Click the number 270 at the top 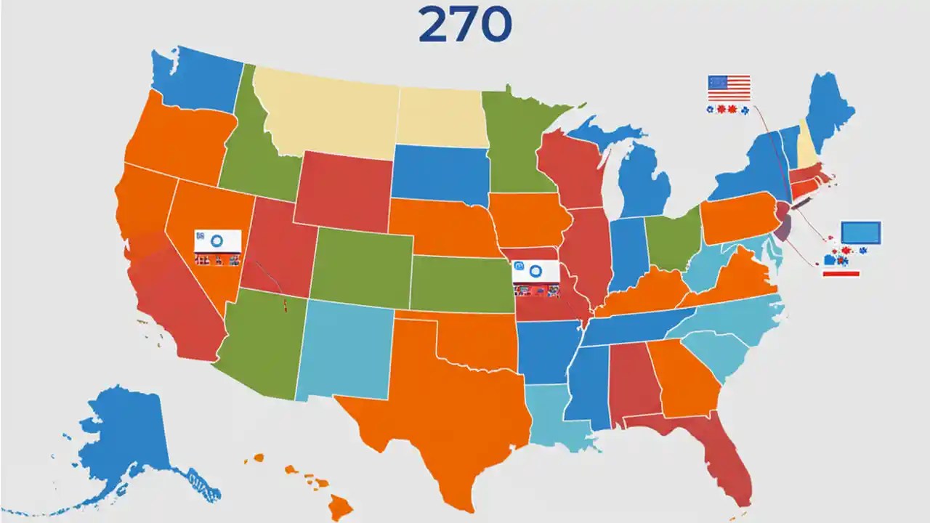point(465,26)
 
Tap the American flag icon point(729,88)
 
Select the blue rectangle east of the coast point(861,232)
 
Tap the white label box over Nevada point(217,240)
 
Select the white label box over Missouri point(535,272)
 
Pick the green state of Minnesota point(516,145)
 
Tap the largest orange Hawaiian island point(339,506)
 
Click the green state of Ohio point(672,236)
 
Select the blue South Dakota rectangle point(440,174)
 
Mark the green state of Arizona point(258,349)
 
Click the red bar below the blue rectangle point(841,274)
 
